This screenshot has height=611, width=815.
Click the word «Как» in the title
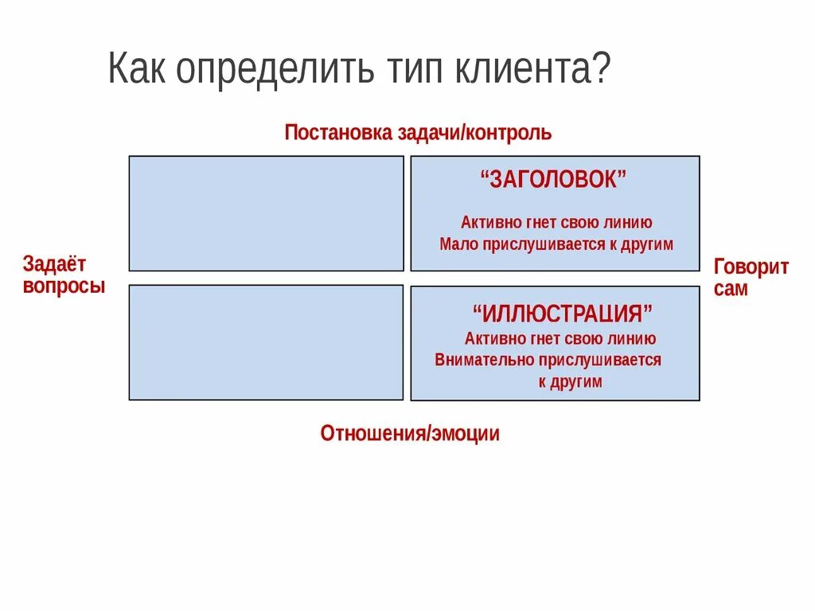138,70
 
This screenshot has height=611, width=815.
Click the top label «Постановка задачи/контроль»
418,132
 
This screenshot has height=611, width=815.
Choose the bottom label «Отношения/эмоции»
410,434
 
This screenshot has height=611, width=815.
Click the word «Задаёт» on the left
54,264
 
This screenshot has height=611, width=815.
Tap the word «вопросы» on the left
64,286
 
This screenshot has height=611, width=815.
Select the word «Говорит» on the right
751,267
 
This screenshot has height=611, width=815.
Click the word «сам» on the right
731,288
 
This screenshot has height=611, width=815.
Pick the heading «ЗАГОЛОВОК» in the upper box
554,180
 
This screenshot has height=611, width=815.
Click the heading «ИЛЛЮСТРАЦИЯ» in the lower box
562,313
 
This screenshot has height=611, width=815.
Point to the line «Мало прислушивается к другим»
556,244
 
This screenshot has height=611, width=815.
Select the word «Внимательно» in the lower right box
474,360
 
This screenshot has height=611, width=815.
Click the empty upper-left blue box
266,213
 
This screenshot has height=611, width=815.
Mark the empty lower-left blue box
266,342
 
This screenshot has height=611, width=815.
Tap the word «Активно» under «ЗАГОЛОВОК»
487,223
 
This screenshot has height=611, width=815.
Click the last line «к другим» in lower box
570,382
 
